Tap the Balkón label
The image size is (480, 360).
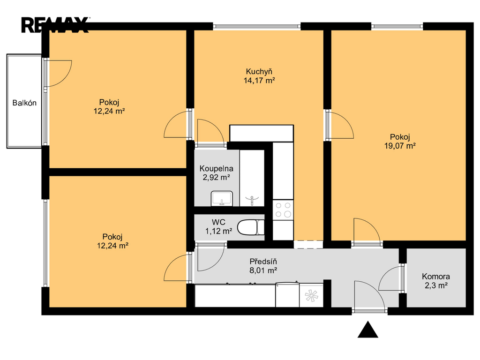coord(24,103)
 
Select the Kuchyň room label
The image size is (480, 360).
coord(259,72)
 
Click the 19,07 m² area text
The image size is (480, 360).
coord(400,146)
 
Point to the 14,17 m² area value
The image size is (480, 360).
coord(259,81)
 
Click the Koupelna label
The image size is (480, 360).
coord(217,168)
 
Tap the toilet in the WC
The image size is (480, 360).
coord(251,227)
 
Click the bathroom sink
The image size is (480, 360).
coord(222,198)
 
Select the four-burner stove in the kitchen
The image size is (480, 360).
coord(283,210)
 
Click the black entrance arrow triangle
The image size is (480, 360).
coord(367,330)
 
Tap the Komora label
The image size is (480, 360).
coord(436,277)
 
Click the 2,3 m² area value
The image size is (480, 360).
coord(436,285)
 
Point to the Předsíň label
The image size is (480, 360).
coord(263,262)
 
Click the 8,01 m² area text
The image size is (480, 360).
coord(263,270)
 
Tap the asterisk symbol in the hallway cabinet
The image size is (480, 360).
coord(311,296)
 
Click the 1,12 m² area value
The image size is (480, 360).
coord(218,231)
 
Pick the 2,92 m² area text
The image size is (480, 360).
coord(217,177)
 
